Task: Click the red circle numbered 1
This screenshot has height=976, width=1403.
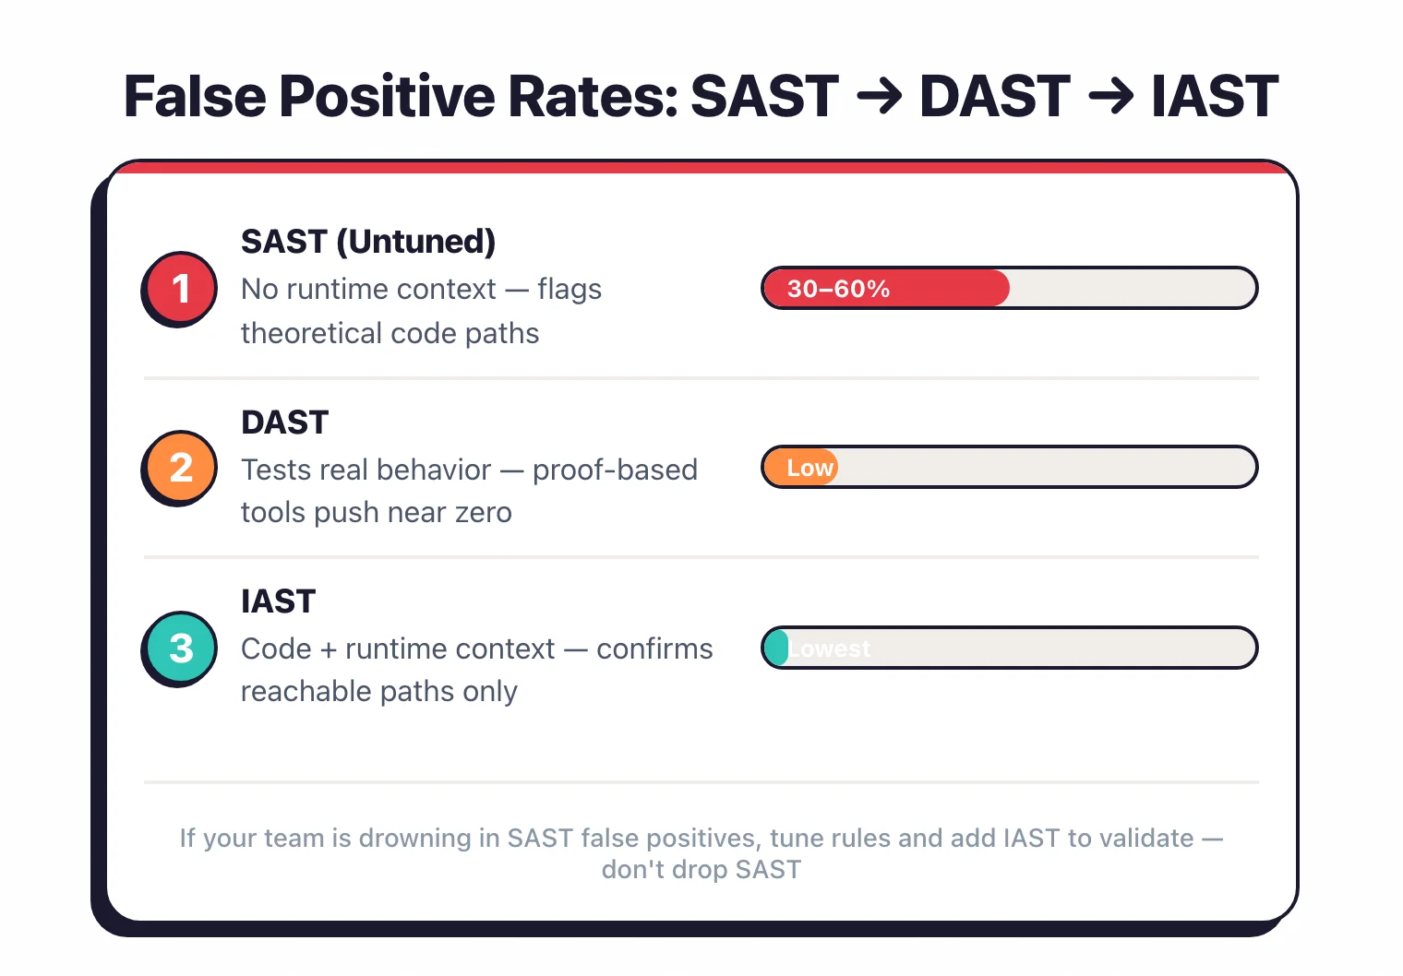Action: pyautogui.click(x=181, y=288)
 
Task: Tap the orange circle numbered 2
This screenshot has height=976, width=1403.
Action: pyautogui.click(x=181, y=468)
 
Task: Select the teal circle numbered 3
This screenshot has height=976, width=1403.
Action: pyautogui.click(x=181, y=648)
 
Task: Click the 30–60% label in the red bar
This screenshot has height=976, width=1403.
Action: pyautogui.click(x=838, y=289)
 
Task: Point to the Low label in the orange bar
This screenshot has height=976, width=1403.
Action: pyautogui.click(x=809, y=468)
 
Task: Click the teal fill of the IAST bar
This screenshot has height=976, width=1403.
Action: pyautogui.click(x=776, y=648)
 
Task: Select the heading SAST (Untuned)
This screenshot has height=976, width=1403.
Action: pyautogui.click(x=368, y=242)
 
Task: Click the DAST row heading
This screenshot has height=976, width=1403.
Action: pyautogui.click(x=284, y=423)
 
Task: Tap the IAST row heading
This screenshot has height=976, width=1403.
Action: pyautogui.click(x=278, y=601)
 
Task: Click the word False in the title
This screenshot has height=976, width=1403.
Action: pyautogui.click(x=195, y=97)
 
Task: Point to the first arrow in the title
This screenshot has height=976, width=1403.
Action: pyautogui.click(x=879, y=97)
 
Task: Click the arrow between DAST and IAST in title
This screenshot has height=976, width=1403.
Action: pyautogui.click(x=1110, y=97)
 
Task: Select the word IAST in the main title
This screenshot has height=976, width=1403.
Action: pyautogui.click(x=1214, y=97)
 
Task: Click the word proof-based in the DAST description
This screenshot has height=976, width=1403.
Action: pyautogui.click(x=615, y=470)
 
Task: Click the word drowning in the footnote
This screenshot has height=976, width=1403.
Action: pyautogui.click(x=415, y=838)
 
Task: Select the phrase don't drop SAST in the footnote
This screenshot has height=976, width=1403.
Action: pyautogui.click(x=701, y=870)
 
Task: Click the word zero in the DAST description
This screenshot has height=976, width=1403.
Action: pyautogui.click(x=483, y=512)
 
